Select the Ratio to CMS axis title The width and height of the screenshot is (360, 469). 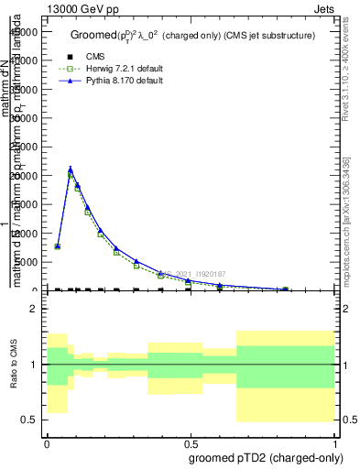click(x=13, y=365)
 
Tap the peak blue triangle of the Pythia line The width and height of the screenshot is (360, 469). click(x=71, y=169)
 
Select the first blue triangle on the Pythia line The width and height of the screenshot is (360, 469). click(x=58, y=245)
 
